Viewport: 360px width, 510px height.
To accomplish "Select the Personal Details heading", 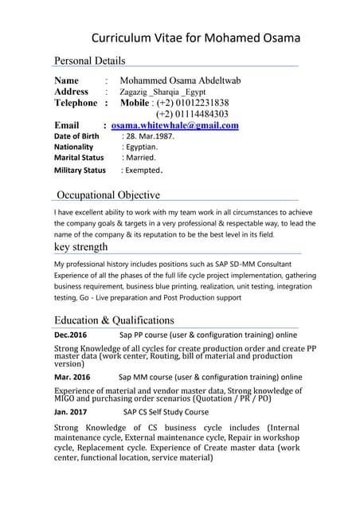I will coord(89,61).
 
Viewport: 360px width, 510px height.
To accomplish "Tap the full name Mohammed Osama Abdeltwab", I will coord(180,80).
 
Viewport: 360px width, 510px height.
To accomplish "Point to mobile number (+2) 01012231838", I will coord(192,103).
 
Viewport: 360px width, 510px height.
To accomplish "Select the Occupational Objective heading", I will coord(108,195).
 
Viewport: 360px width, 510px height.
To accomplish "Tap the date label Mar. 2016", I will coord(72,377).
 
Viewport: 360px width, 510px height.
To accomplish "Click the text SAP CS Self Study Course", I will coord(166,412).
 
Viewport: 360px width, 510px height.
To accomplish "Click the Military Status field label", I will coord(80,171).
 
